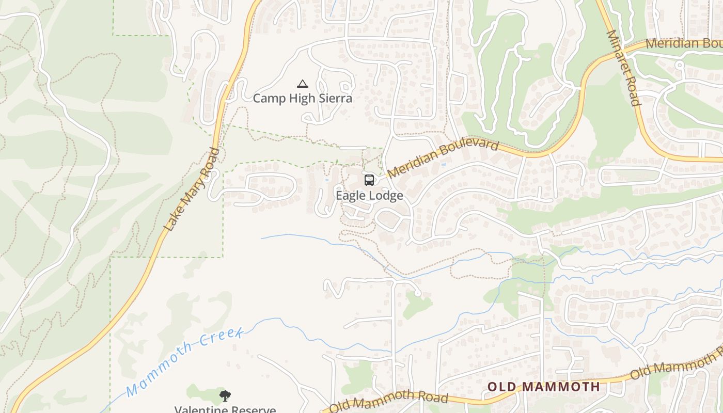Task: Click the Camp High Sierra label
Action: [x=303, y=98]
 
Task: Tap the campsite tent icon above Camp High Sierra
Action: [x=303, y=84]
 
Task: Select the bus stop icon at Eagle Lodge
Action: [x=369, y=180]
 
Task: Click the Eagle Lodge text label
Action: [x=369, y=196]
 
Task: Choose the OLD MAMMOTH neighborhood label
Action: [x=544, y=387]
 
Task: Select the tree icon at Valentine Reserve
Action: [x=225, y=396]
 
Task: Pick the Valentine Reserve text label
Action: [x=225, y=409]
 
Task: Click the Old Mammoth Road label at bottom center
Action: [x=388, y=401]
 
